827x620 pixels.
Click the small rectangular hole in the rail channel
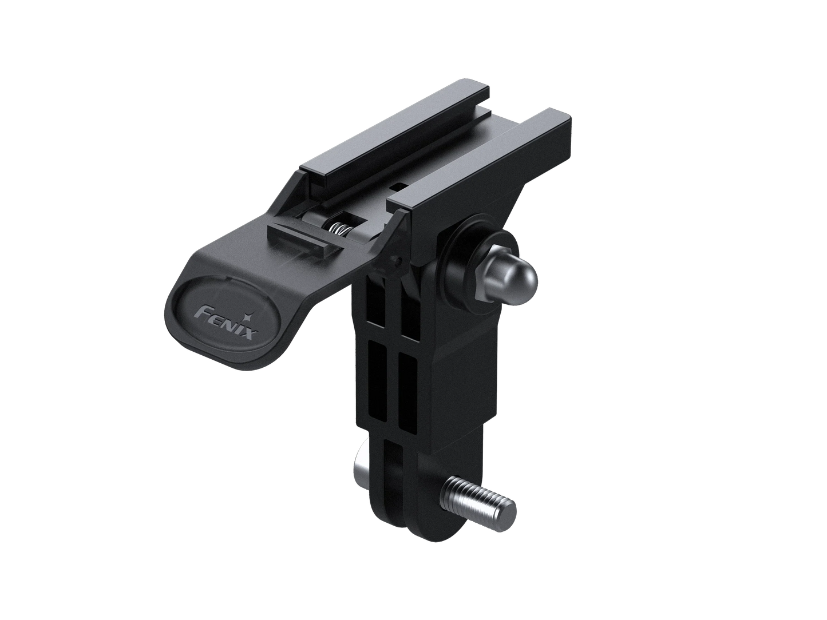coord(398,186)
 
